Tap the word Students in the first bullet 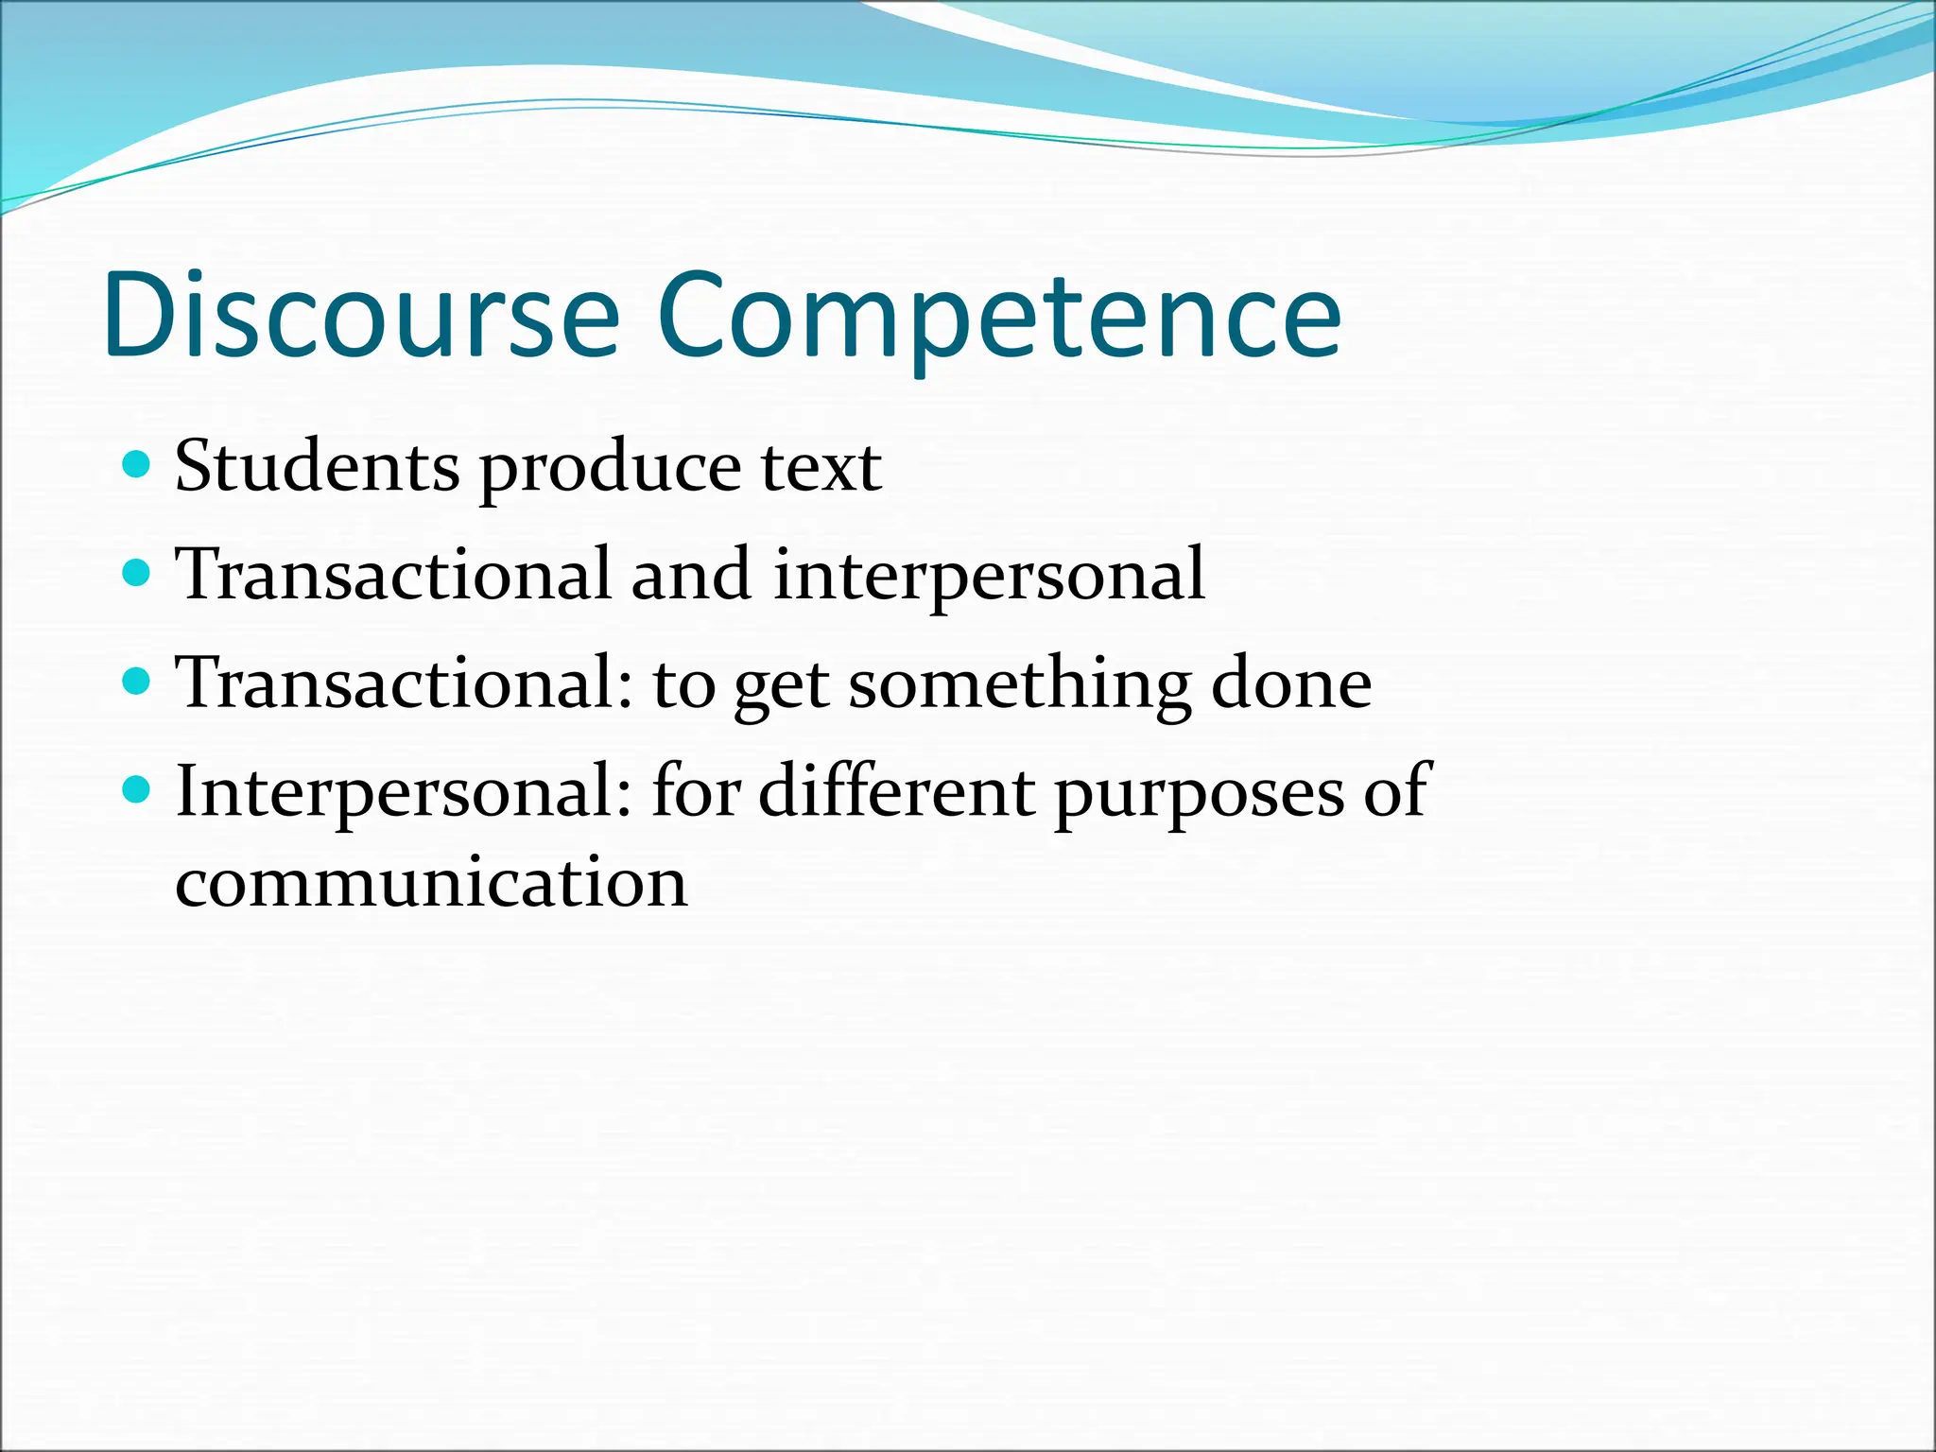(x=318, y=466)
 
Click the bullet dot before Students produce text (x=137, y=464)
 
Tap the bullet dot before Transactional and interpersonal (x=137, y=572)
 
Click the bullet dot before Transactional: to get (x=137, y=681)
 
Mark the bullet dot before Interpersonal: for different (x=137, y=788)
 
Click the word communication (x=431, y=883)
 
